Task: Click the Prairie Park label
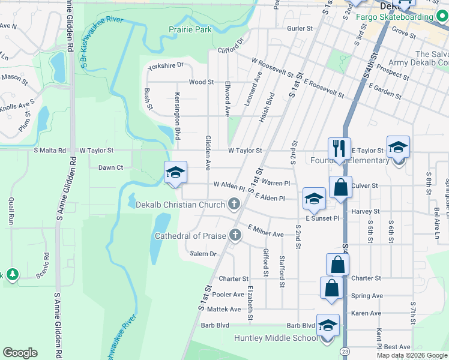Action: point(190,29)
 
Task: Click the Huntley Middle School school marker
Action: point(328,326)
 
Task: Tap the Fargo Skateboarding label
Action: point(393,17)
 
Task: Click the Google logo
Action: point(20,353)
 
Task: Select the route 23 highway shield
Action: point(344,350)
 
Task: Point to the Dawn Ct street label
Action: point(110,168)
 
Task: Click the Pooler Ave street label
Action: point(228,295)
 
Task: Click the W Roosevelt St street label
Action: point(273,68)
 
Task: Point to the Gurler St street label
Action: point(300,28)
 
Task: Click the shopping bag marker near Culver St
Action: point(340,186)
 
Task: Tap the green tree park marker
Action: point(12,275)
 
